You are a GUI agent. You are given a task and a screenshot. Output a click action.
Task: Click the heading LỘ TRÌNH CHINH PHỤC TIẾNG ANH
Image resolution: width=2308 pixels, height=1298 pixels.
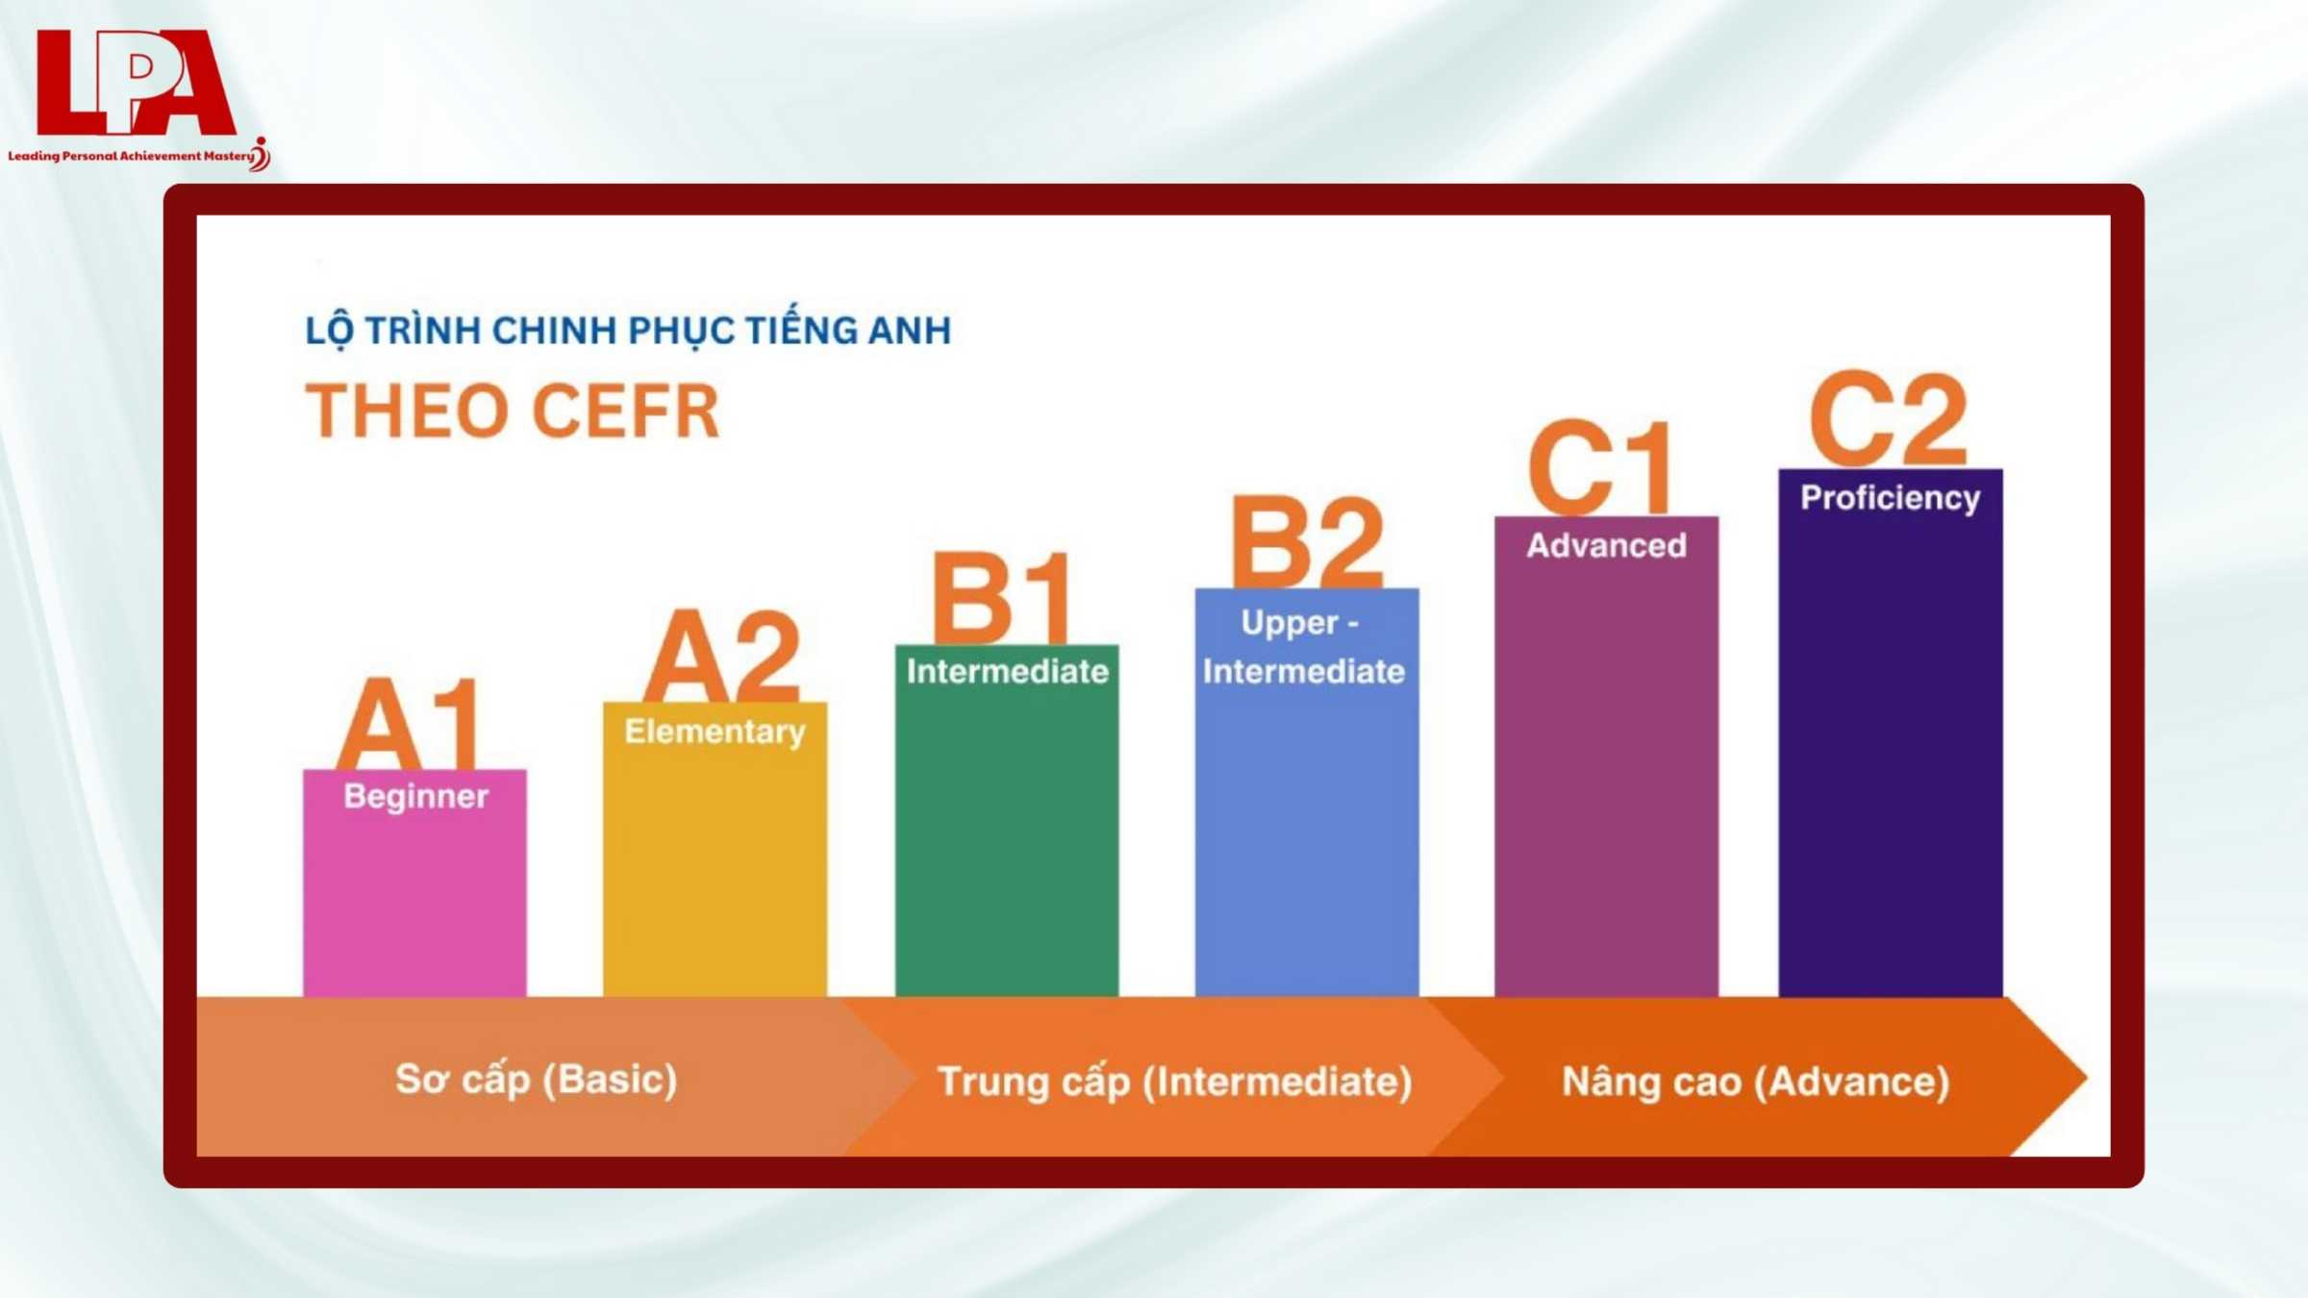[x=628, y=331]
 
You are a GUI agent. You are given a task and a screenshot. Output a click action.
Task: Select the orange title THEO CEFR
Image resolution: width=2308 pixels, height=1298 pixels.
[x=513, y=412]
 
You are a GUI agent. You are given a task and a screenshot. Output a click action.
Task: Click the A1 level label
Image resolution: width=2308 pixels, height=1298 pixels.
[x=409, y=723]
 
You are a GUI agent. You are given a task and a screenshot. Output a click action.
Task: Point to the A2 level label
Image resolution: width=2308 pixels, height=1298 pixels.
[x=722, y=657]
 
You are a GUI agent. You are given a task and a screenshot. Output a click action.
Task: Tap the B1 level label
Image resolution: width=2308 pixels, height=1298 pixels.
[x=1003, y=598]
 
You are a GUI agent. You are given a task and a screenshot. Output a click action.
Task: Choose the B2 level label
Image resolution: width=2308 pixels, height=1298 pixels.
[x=1307, y=542]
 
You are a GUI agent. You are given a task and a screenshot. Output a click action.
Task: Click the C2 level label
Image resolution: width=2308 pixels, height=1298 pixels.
[x=1889, y=419]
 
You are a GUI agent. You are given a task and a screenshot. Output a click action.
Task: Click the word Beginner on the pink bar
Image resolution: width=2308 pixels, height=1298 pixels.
[x=415, y=796]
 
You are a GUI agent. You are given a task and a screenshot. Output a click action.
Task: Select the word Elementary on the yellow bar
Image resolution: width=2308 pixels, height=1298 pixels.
[x=715, y=732]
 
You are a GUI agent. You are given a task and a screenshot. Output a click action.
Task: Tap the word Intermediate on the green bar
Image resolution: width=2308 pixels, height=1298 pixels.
[x=1007, y=671]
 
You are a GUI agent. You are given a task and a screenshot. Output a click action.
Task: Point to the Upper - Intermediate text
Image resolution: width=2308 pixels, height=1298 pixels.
[x=1303, y=647]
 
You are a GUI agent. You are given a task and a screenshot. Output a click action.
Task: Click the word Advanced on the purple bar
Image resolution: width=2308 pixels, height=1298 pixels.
[x=1606, y=545]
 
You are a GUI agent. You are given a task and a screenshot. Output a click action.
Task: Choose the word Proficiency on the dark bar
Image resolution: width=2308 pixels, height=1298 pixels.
[x=1890, y=498]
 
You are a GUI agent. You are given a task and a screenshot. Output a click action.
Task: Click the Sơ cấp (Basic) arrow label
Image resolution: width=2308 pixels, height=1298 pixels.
[x=537, y=1080]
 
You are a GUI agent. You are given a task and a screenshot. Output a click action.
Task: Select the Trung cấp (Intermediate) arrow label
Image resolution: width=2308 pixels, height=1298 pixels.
[x=1174, y=1082]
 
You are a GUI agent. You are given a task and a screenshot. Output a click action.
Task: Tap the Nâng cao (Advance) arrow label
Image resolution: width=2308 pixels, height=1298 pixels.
[x=1755, y=1082]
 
